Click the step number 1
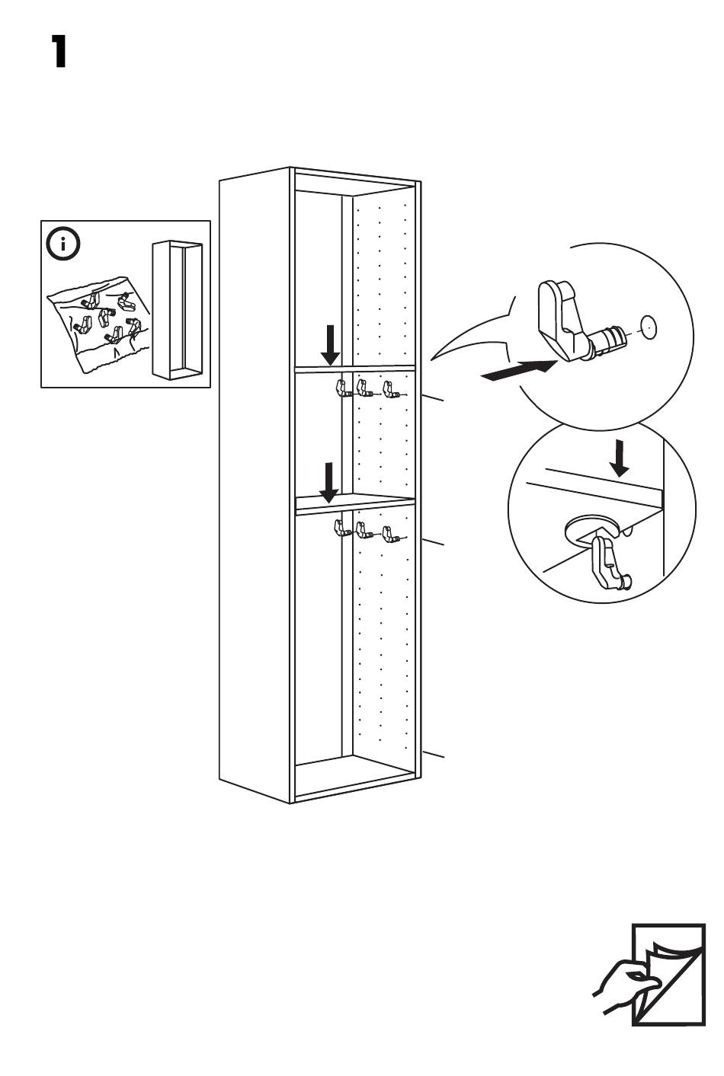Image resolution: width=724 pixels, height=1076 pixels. click(x=59, y=52)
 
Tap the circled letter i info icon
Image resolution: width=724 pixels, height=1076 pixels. click(x=63, y=244)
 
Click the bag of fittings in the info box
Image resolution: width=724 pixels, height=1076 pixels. click(x=95, y=321)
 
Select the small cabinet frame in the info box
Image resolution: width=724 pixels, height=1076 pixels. click(x=177, y=309)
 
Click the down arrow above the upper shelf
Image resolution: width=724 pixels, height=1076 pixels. click(x=330, y=345)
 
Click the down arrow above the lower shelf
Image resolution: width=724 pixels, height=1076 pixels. click(x=329, y=482)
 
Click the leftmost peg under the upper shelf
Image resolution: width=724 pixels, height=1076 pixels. click(x=341, y=388)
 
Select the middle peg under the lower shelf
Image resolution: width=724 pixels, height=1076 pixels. click(x=364, y=529)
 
